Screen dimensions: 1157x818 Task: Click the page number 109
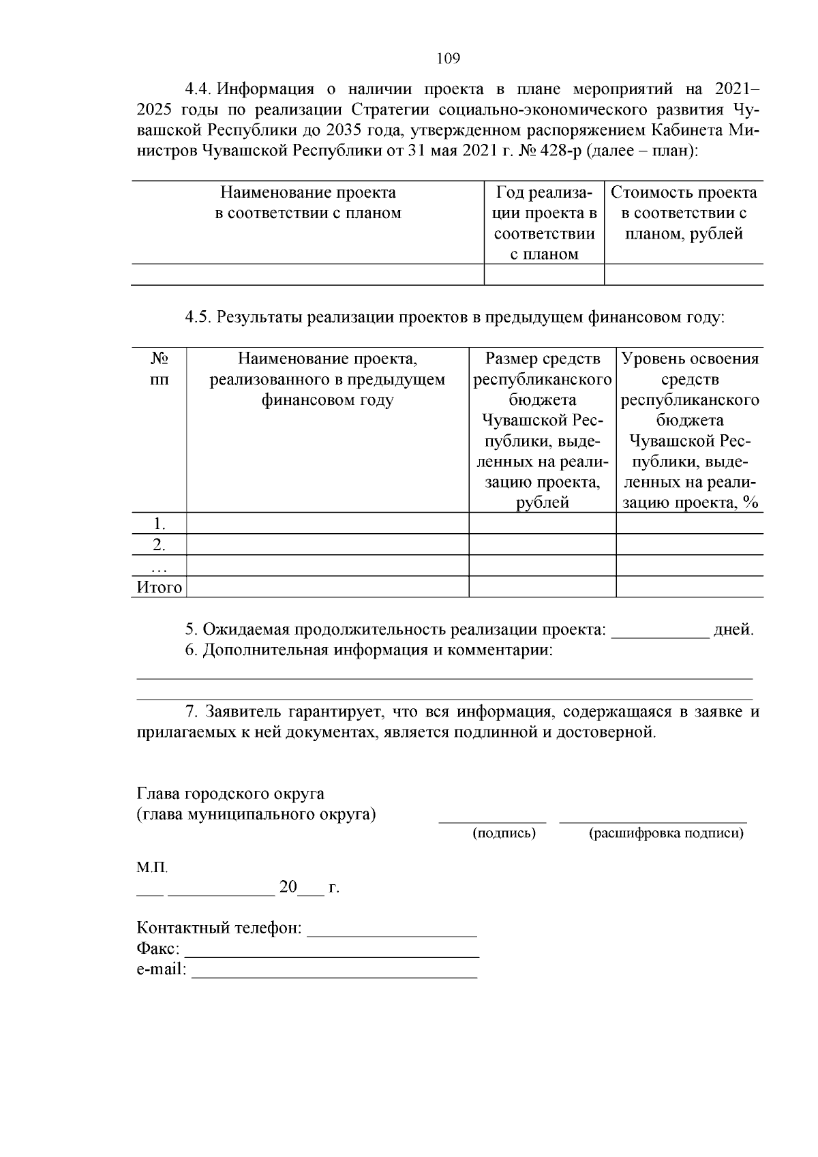[448, 59]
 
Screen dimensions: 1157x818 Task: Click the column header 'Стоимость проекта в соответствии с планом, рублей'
[683, 213]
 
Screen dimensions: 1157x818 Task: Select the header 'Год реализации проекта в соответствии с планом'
[544, 224]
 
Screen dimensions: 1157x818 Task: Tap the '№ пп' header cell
[159, 369]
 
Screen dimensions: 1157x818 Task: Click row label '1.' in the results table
[159, 524]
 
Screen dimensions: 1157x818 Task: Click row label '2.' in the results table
[159, 545]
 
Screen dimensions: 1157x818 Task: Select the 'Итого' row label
[159, 587]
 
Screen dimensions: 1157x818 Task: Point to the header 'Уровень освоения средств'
[690, 369]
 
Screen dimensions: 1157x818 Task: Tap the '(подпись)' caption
[504, 833]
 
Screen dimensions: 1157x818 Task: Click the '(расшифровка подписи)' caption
[665, 833]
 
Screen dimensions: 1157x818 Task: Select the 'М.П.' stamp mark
[151, 868]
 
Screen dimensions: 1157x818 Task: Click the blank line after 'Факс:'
[332, 952]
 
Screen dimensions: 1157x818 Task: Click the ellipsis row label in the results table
[159, 566]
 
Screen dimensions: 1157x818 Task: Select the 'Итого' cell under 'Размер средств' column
[542, 587]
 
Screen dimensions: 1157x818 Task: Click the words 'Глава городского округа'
[230, 794]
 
